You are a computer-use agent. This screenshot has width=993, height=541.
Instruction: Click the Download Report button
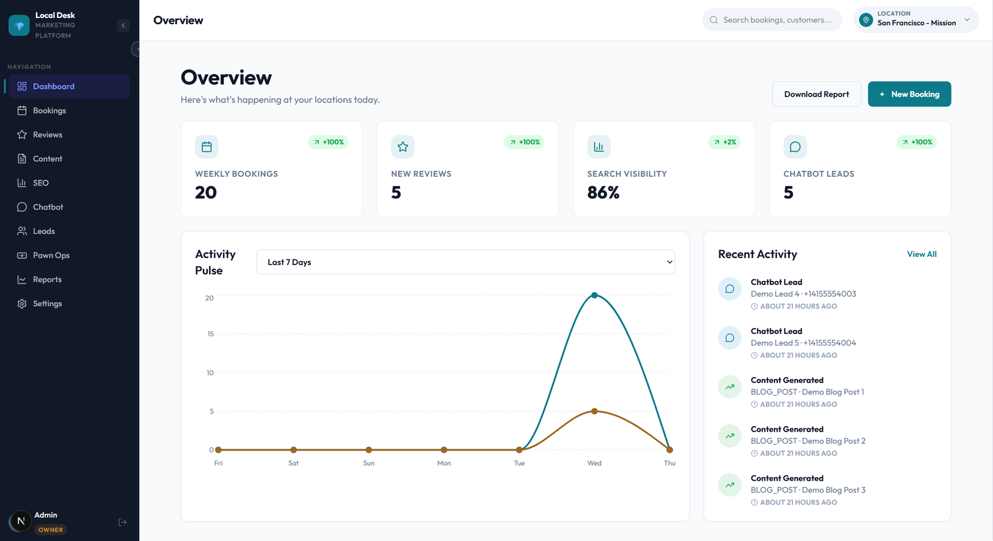816,94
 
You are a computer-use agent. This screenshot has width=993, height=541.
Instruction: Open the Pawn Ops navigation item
51,255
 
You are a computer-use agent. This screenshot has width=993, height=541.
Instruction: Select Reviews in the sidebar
47,135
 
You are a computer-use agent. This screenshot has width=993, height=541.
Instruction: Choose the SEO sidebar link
40,183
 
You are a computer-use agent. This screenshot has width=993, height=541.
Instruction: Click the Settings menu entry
47,303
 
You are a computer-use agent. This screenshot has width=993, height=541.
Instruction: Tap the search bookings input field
776,20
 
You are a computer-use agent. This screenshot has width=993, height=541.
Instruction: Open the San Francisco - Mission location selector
916,19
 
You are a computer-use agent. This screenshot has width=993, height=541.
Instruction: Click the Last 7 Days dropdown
465,262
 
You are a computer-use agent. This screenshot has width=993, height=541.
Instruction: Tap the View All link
922,254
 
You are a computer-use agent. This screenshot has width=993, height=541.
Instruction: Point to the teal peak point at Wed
595,295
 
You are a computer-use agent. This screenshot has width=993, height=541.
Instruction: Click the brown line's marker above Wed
595,411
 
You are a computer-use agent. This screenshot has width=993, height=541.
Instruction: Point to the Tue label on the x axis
519,463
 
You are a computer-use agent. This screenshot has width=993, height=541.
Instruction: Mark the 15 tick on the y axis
210,334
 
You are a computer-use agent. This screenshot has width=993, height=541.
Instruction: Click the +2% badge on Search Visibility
724,142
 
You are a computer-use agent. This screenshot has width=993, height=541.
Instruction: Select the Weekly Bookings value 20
206,193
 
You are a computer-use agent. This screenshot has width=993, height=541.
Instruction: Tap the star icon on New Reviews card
403,147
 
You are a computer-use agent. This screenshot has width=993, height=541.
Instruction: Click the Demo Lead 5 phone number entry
803,343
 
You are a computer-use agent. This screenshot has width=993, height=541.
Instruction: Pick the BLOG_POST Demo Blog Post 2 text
807,441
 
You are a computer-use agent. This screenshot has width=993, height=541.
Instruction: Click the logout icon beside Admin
122,522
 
